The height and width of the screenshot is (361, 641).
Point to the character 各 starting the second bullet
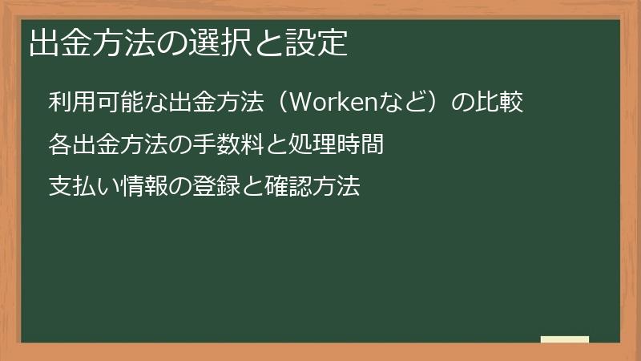coord(59,145)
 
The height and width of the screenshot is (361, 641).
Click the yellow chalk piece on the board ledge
coord(564,339)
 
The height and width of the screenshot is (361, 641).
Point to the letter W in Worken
coord(296,103)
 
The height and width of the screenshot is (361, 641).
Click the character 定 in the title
coord(334,43)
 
